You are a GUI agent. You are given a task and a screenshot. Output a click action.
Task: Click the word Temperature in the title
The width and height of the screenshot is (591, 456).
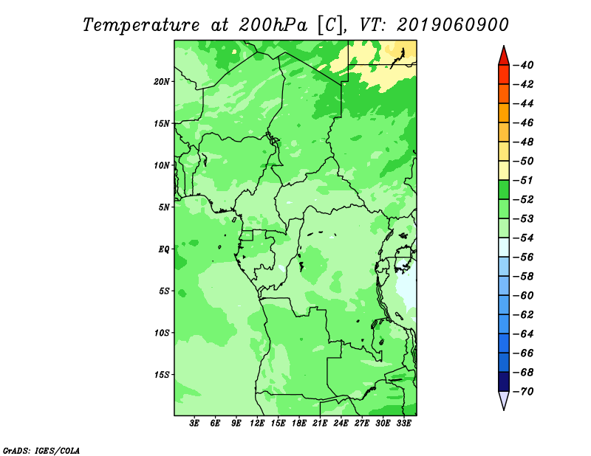pos(141,25)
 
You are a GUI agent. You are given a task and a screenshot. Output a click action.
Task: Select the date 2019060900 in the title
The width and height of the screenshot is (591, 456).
pos(452,24)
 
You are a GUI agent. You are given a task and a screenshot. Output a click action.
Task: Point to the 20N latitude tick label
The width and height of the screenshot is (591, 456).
pos(162,81)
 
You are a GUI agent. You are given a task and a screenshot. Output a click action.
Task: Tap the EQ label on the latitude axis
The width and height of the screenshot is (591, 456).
pos(163,249)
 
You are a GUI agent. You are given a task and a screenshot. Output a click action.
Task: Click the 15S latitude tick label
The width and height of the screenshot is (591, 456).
pos(162,375)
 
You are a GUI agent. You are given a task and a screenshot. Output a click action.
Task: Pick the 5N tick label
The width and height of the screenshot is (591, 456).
pos(164,207)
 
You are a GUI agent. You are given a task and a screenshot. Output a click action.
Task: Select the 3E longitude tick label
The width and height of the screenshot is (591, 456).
pos(194,424)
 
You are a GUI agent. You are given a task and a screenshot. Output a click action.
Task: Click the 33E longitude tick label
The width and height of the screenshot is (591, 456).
pos(403,424)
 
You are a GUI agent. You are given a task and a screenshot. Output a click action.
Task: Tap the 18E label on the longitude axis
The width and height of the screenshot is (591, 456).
pos(299,424)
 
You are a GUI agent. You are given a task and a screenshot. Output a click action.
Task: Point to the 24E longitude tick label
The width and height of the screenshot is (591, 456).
pos(341,424)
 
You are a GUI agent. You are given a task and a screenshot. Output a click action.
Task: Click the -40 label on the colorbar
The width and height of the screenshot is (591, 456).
pos(524,65)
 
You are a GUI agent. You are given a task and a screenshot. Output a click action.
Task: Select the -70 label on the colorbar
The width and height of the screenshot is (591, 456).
pos(524,392)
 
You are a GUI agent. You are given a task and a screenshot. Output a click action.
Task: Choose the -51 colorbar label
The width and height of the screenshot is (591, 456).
pos(524,180)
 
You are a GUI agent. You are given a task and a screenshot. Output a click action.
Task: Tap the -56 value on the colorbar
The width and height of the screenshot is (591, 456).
pos(524,258)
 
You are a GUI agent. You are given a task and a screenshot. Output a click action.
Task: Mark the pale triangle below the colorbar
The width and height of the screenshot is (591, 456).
pos(504,399)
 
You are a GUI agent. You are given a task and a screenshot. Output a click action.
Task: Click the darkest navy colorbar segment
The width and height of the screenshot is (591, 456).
pos(504,381)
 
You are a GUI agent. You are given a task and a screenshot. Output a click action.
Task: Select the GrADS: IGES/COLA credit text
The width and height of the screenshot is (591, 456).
pos(41,450)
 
